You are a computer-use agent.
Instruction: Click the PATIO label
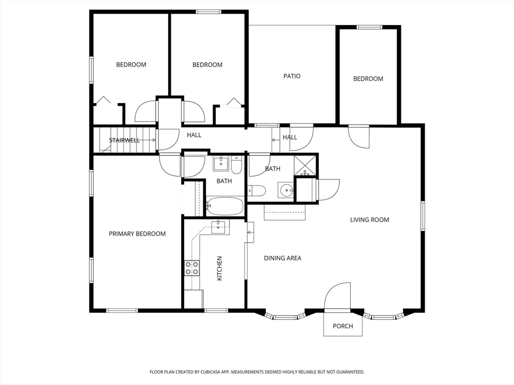292,76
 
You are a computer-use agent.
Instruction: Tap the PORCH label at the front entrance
343,326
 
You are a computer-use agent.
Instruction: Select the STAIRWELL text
124,140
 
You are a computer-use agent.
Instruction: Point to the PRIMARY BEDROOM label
137,234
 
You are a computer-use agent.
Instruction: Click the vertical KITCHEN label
219,268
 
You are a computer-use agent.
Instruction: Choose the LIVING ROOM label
369,220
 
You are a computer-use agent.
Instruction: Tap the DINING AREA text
283,258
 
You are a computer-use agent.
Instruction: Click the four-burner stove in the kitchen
192,268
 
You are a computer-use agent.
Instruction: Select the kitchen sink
219,227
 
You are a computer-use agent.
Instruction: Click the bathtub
225,206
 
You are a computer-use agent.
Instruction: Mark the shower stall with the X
305,165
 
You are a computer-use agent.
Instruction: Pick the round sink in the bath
287,190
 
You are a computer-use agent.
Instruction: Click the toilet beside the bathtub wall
256,191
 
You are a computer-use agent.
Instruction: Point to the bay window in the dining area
285,316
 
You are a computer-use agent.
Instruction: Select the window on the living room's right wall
423,215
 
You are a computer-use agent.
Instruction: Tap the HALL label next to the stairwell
194,135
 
